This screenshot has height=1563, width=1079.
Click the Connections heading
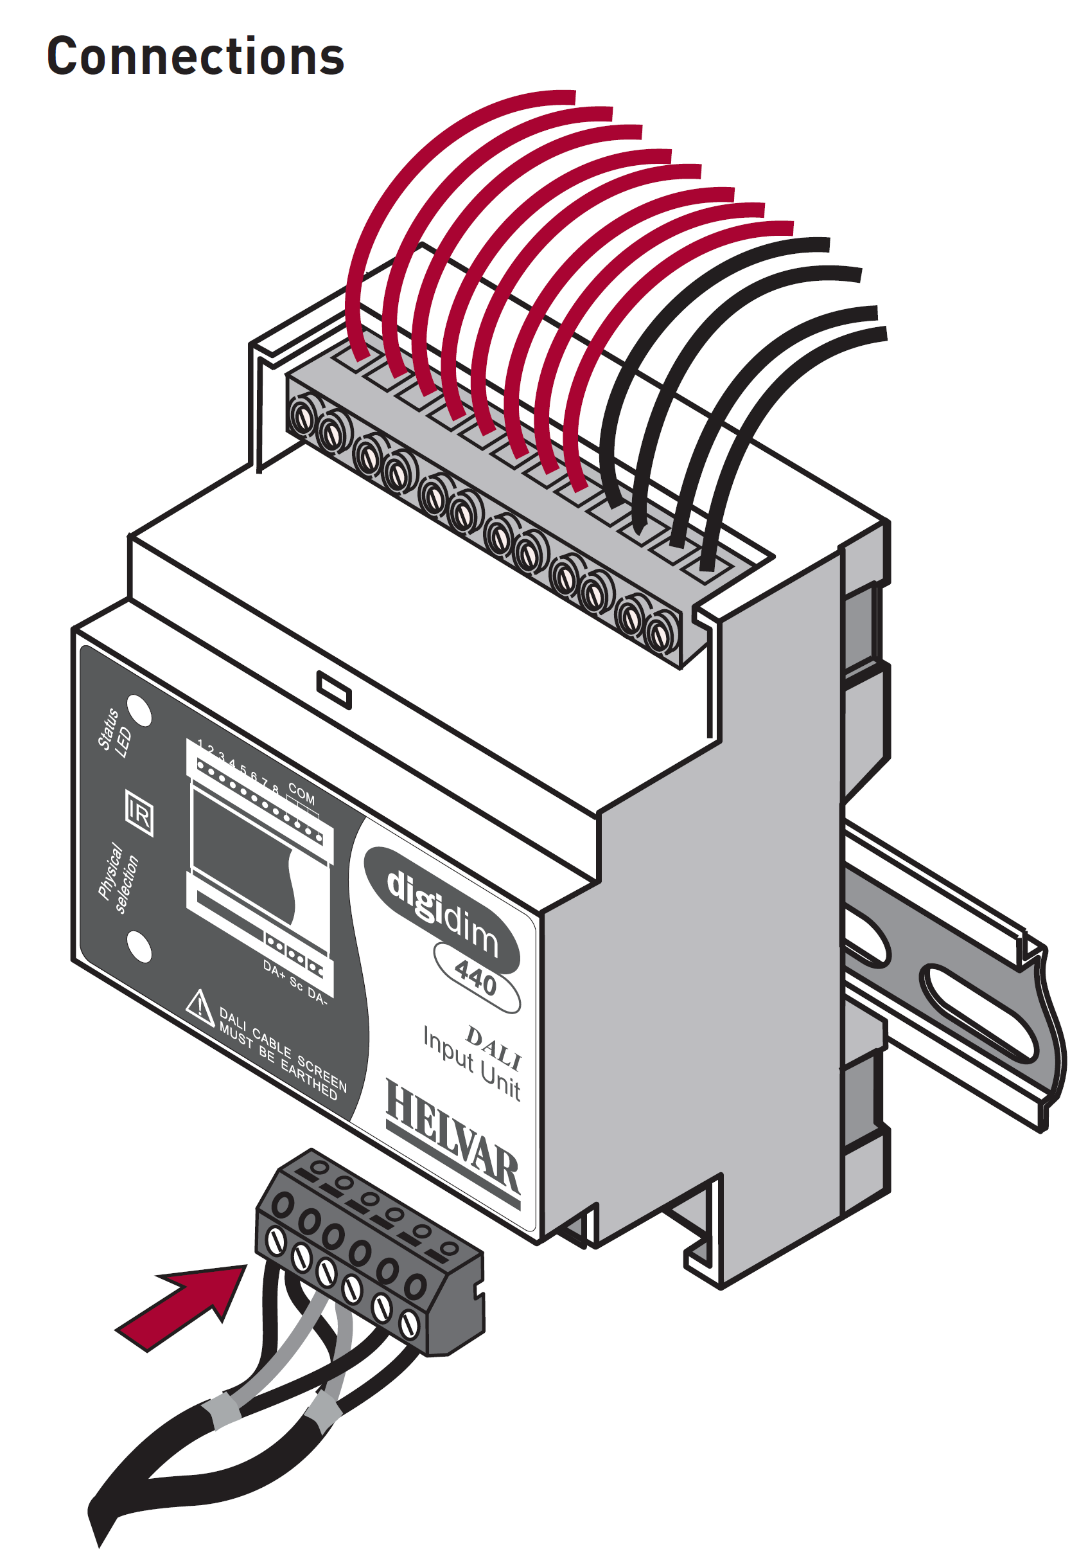[x=195, y=56]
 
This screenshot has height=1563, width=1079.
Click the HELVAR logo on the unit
[x=453, y=1143]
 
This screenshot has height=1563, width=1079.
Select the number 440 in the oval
[x=476, y=978]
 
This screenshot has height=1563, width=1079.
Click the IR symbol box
[x=139, y=814]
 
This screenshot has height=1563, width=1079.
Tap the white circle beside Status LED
[x=139, y=711]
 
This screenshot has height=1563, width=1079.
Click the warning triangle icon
[x=200, y=1008]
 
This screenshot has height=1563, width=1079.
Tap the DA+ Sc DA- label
[x=295, y=981]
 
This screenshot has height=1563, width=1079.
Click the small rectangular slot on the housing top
[x=334, y=690]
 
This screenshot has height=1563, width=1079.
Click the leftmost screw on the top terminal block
[x=303, y=416]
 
